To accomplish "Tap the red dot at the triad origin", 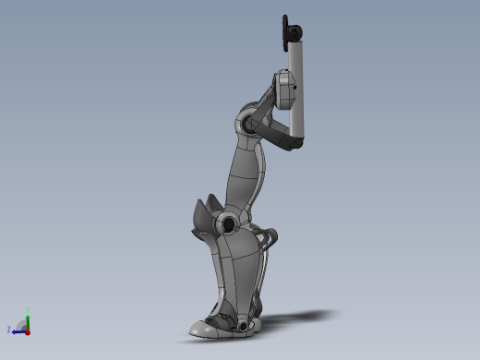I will [28, 330].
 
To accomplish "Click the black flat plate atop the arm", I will [284, 33].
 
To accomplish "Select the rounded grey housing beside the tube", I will [284, 91].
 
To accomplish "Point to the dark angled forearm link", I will [275, 132].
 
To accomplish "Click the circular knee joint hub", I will [226, 222].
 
